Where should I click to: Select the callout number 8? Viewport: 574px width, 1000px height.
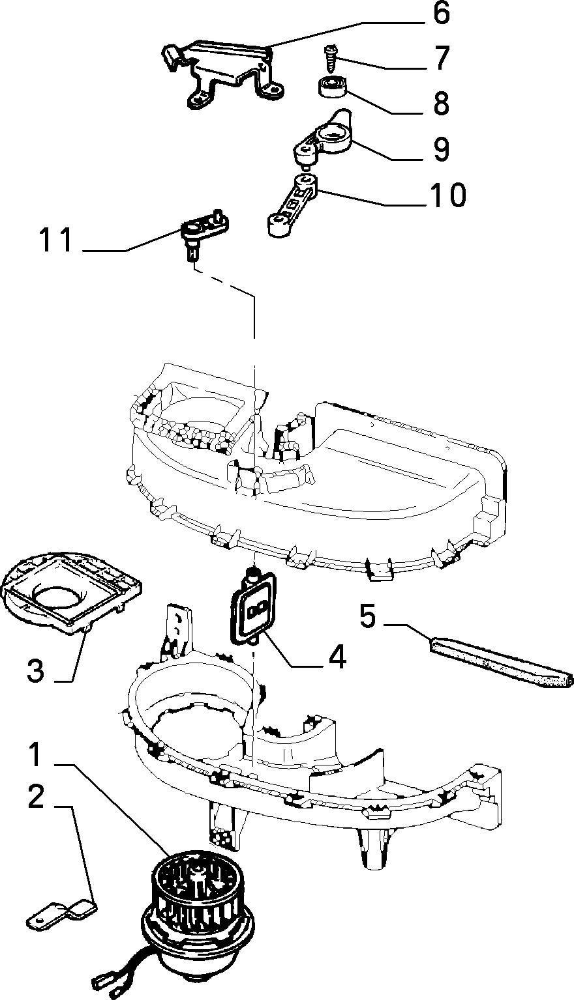pos(441,103)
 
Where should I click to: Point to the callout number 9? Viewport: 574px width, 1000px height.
pos(441,149)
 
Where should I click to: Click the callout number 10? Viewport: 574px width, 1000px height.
pos(447,195)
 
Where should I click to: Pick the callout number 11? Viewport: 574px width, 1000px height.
pos(56,240)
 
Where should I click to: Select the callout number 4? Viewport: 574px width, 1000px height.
pos(337,657)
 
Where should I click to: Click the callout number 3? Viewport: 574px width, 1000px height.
pos(37,670)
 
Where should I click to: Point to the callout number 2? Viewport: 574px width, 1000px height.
pos(37,797)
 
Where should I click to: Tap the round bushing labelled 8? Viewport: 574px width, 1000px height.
pos(333,86)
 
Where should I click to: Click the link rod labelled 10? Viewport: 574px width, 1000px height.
pos(294,205)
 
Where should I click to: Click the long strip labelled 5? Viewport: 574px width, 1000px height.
pos(501,663)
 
